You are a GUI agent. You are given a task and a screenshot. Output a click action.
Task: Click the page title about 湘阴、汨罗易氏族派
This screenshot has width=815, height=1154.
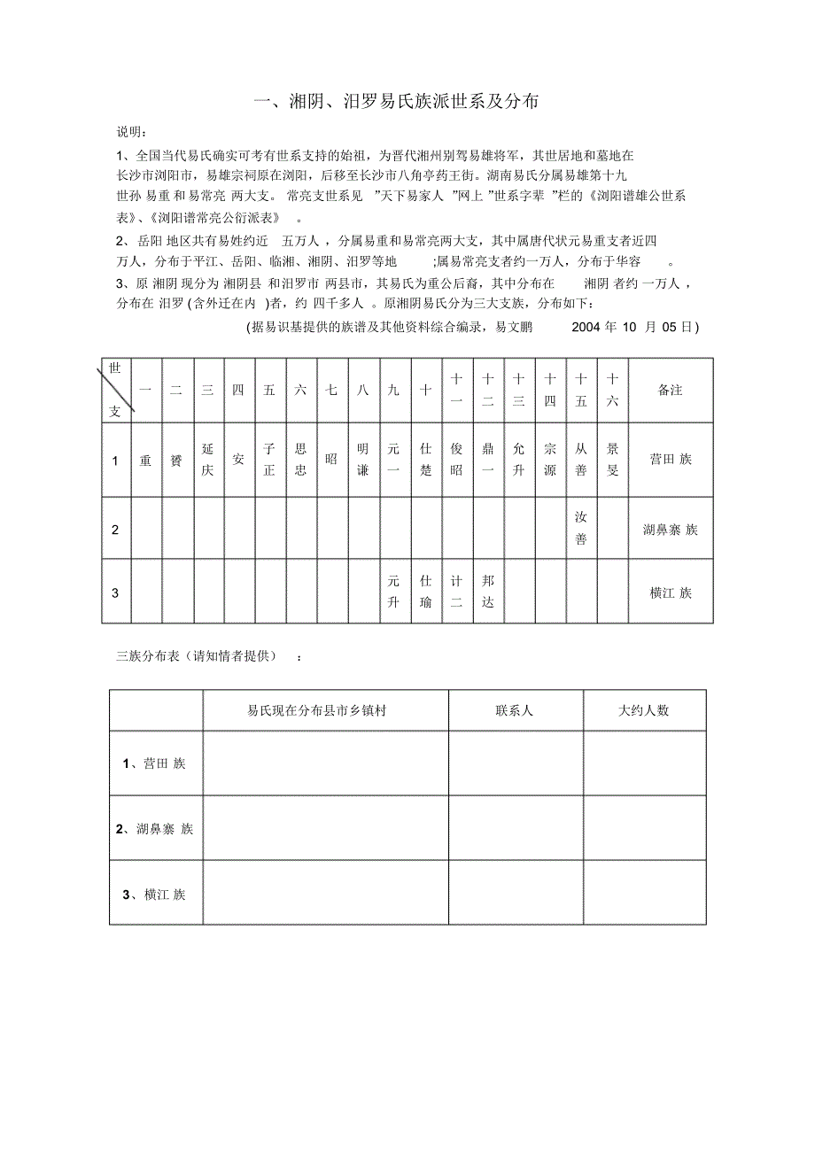[396, 103]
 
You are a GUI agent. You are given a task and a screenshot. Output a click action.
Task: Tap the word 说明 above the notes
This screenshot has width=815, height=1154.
[131, 132]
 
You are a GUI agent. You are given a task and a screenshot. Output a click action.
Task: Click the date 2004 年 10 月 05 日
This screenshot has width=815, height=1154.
[635, 327]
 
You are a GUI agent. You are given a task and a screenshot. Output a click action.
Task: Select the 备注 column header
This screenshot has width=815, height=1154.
[670, 391]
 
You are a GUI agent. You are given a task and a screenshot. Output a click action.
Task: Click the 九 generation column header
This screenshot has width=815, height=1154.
[393, 391]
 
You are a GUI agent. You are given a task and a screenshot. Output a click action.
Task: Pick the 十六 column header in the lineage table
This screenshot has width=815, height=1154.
[612, 391]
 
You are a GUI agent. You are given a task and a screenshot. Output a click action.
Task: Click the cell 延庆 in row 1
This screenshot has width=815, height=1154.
[207, 460]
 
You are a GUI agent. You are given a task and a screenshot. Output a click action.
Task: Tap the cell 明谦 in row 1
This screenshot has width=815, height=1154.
[362, 460]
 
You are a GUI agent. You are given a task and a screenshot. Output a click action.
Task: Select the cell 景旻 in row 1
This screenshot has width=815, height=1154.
[612, 460]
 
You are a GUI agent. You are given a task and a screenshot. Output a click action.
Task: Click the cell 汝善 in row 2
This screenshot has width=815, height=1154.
[580, 528]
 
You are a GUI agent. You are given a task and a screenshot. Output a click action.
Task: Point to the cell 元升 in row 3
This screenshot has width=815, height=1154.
[393, 592]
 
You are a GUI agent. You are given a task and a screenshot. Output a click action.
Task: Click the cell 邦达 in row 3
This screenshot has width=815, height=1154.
[488, 592]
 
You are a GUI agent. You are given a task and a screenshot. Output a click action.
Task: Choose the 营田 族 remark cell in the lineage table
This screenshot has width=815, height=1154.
[670, 460]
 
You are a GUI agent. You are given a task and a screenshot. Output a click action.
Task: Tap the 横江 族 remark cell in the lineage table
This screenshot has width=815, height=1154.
[670, 592]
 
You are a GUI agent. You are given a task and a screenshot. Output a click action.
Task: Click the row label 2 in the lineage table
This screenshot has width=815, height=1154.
[115, 529]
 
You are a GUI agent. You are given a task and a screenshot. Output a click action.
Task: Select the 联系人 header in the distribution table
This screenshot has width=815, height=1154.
[515, 710]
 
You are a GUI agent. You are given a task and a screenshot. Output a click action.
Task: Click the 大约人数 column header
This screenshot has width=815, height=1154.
[644, 710]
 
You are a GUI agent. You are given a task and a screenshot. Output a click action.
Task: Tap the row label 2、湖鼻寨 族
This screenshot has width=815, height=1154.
[155, 829]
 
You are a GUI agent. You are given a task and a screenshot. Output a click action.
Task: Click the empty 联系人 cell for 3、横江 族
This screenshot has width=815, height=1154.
[515, 893]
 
